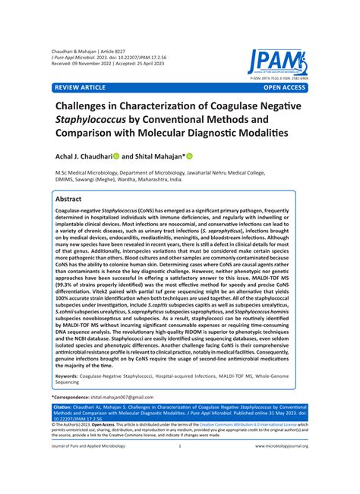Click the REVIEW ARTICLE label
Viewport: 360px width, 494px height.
[x=78, y=88]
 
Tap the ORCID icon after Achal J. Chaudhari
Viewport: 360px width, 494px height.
[x=117, y=156]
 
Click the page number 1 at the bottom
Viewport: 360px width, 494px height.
[x=180, y=467]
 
